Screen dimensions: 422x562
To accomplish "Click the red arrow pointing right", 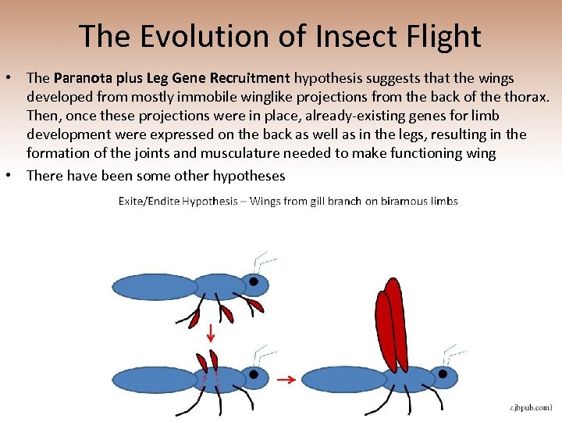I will pyautogui.click(x=286, y=381).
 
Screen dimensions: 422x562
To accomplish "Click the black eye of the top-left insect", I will pyautogui.click(x=254, y=281).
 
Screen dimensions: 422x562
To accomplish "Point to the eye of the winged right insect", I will pyautogui.click(x=443, y=374).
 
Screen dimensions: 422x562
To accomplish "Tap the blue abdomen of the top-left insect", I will pyautogui.click(x=151, y=287).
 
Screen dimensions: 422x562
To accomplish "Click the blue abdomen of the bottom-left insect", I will pyautogui.click(x=151, y=380).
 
